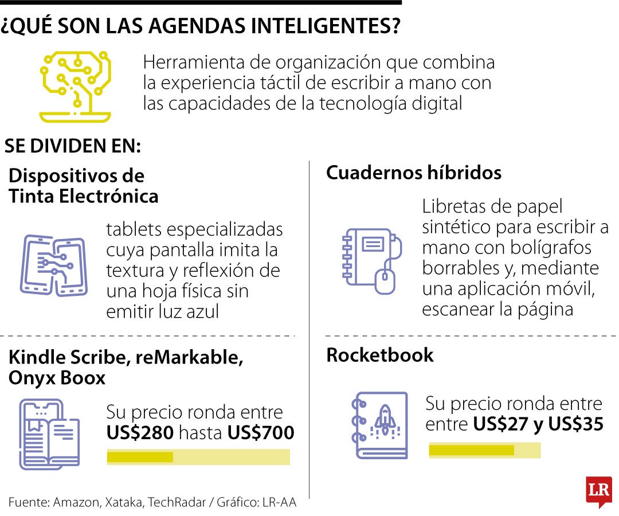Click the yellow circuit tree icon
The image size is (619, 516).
tap(76, 86)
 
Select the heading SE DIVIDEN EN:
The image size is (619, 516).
tap(73, 146)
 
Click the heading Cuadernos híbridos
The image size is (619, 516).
tap(414, 173)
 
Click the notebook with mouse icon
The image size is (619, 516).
tap(372, 261)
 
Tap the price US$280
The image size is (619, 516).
tap(140, 433)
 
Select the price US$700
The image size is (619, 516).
tap(261, 433)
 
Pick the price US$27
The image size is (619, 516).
tap(500, 424)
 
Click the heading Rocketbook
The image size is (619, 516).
tap(380, 355)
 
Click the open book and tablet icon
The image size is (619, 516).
tap(49, 434)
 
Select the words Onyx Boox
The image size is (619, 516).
tap(57, 378)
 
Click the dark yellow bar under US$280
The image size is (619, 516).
tap(140, 457)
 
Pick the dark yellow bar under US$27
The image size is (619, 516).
tap(471, 450)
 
